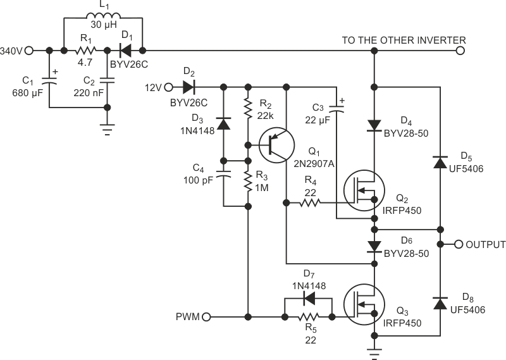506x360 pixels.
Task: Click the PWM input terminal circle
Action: point(207,316)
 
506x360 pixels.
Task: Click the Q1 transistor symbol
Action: point(275,145)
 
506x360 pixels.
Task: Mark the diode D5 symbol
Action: point(438,163)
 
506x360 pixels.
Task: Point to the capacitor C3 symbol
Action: point(335,112)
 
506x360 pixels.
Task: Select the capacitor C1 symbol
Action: point(48,80)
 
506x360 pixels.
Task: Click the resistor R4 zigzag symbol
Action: point(310,203)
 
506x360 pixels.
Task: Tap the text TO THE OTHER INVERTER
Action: point(404,40)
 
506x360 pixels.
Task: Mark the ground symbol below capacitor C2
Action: point(107,132)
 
